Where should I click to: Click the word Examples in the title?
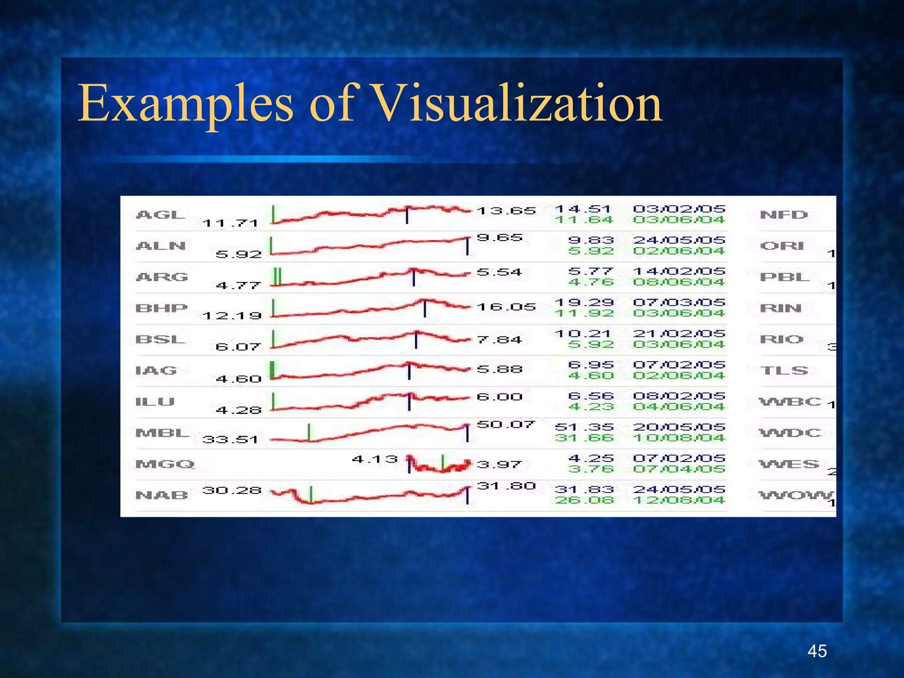pos(185,104)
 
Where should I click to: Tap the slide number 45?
pos(817,651)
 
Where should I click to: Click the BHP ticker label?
pos(162,308)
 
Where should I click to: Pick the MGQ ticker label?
pos(165,464)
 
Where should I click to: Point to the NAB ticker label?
pos(162,495)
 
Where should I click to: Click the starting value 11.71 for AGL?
pos(230,223)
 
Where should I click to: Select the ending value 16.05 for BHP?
pos(506,307)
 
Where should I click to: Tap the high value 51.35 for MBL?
pos(584,427)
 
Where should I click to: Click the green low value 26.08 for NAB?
pos(584,500)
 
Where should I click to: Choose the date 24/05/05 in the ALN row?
pos(679,240)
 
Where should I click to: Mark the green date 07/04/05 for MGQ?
pos(679,469)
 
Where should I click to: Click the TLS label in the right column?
pos(783,370)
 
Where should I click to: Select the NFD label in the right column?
pos(783,215)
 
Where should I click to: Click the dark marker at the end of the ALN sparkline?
pos(467,246)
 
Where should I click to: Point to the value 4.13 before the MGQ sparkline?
pos(375,459)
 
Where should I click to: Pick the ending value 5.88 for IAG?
pos(500,369)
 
